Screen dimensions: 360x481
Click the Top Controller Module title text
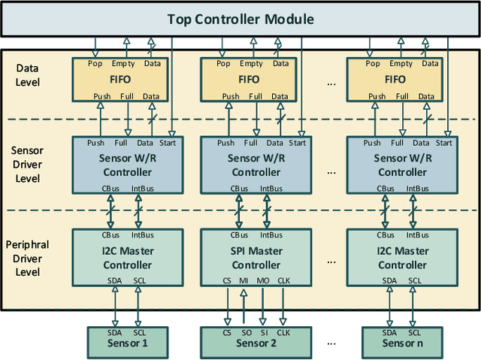(x=240, y=19)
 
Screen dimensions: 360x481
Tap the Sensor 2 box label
(x=255, y=343)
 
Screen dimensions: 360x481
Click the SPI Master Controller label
(x=255, y=258)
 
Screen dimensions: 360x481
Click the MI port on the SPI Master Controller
(x=244, y=280)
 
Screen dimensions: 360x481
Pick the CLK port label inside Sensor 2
(x=283, y=332)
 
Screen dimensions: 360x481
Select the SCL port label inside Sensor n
(x=415, y=332)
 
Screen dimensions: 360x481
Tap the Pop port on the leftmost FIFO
(x=95, y=64)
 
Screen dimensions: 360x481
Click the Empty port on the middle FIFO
(x=255, y=64)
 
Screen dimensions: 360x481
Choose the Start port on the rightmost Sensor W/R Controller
(x=444, y=143)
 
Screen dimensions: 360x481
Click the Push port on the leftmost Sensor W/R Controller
(x=95, y=143)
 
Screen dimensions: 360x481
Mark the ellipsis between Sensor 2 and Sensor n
(x=331, y=343)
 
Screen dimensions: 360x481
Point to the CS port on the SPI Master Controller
(x=227, y=280)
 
